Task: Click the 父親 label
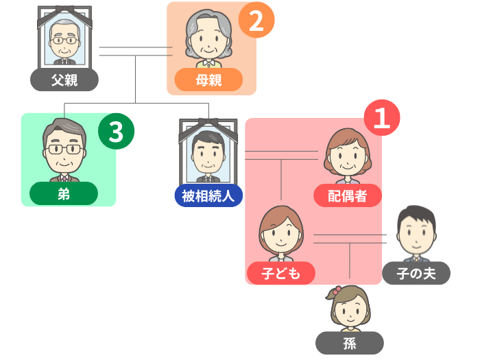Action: tap(64, 80)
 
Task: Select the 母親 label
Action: tap(208, 80)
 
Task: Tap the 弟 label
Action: tap(64, 194)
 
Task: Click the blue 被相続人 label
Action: tap(208, 196)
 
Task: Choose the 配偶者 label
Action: tap(347, 196)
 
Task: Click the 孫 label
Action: tap(350, 343)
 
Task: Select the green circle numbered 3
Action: tap(115, 130)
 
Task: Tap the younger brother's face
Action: tap(64, 152)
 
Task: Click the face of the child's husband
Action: tap(416, 235)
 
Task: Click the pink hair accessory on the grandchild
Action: tap(334, 293)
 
